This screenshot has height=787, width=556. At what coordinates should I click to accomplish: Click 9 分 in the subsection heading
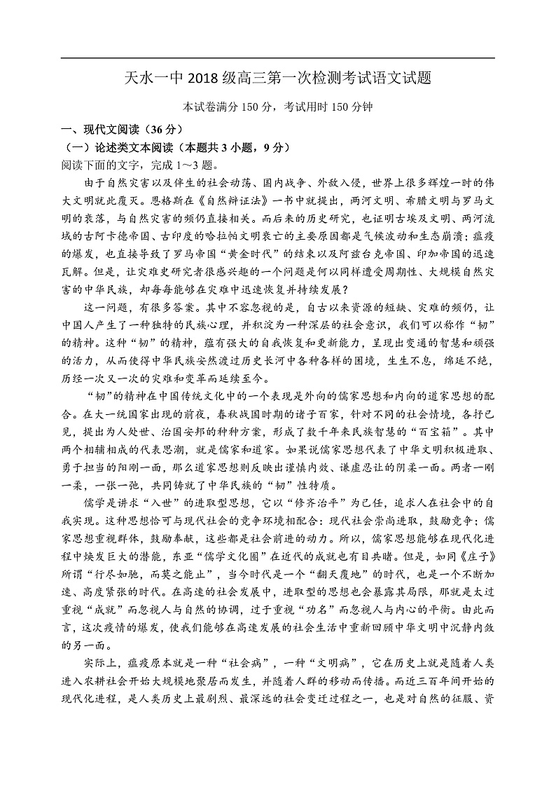tap(272, 148)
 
